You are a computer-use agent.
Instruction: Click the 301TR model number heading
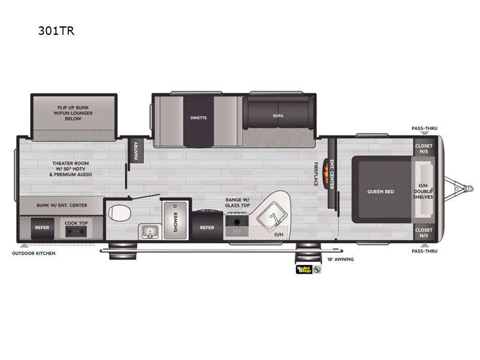pyautogui.click(x=56, y=31)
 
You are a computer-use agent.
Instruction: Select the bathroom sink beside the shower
pyautogui.click(x=149, y=232)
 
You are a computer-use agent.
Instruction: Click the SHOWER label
pyautogui.click(x=176, y=221)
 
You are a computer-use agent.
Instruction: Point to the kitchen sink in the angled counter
pyautogui.click(x=271, y=218)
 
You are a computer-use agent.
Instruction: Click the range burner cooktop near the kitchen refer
pyautogui.click(x=237, y=221)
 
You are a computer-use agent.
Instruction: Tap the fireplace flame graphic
pyautogui.click(x=326, y=173)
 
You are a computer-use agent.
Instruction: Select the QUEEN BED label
pyautogui.click(x=380, y=191)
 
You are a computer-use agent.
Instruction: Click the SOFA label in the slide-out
pyautogui.click(x=278, y=116)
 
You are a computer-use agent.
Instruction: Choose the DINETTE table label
pyautogui.click(x=199, y=118)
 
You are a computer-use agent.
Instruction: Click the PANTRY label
pyautogui.click(x=136, y=151)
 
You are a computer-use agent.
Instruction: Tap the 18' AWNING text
pyautogui.click(x=340, y=259)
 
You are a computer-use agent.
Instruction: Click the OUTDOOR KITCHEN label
pyautogui.click(x=34, y=253)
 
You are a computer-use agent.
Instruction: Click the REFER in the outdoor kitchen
pyautogui.click(x=42, y=228)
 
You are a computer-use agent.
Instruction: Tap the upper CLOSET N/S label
pyautogui.click(x=424, y=149)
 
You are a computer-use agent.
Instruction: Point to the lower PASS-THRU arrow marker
pyautogui.click(x=424, y=245)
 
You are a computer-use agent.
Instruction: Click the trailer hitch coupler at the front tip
pyautogui.click(x=469, y=189)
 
